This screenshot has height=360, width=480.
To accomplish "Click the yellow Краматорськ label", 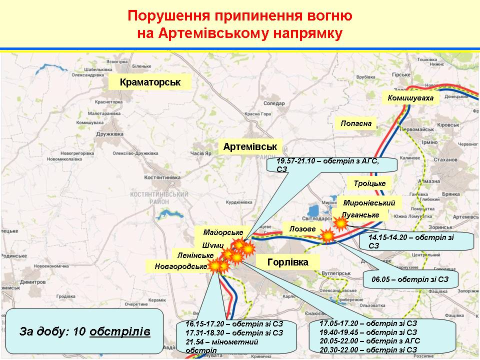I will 150,81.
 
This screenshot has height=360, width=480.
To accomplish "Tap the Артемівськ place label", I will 250,147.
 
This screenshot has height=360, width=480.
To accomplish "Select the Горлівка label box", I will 287,262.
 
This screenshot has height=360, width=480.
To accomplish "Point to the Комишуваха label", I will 410,98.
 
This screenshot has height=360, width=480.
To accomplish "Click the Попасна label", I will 356,123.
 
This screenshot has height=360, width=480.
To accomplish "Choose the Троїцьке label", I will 369,183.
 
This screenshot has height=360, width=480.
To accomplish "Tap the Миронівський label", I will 369,203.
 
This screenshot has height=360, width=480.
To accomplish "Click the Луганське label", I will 364,215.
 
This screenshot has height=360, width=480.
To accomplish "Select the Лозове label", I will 302,228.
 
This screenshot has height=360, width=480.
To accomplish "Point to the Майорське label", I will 223,232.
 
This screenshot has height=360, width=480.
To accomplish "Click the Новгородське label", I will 180,266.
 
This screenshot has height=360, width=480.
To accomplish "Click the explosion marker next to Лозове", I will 327,235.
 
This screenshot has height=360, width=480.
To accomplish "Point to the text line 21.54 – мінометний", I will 221,341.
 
